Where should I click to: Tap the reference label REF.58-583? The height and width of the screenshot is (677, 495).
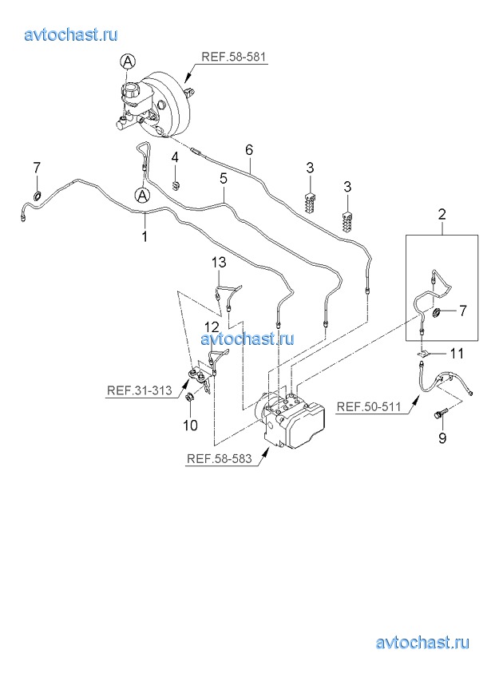(218, 459)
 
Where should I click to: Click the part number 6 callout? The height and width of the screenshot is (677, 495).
(248, 149)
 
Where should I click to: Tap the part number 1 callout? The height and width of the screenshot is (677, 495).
(145, 236)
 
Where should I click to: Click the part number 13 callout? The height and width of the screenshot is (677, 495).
(219, 263)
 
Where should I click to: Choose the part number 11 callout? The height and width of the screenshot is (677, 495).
(456, 353)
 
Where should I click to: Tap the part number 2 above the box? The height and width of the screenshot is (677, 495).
(441, 213)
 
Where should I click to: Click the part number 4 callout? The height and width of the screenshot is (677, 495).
(176, 157)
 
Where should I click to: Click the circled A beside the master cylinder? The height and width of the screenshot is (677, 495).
(128, 60)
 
